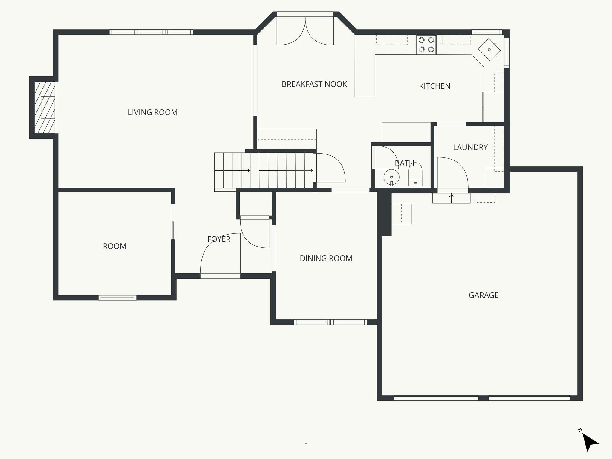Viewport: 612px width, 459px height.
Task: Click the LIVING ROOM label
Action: pyautogui.click(x=152, y=112)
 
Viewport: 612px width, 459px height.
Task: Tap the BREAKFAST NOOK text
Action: pyautogui.click(x=314, y=84)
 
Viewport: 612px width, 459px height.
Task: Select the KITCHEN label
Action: pyautogui.click(x=434, y=86)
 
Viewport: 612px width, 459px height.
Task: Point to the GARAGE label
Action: pyautogui.click(x=483, y=295)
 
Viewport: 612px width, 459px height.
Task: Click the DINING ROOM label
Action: pyautogui.click(x=326, y=258)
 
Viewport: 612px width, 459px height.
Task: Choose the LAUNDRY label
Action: pyautogui.click(x=470, y=147)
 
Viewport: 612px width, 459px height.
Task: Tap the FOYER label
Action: pyautogui.click(x=219, y=239)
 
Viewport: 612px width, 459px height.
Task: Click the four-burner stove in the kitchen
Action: pyautogui.click(x=426, y=45)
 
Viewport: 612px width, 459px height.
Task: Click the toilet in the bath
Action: pyautogui.click(x=415, y=175)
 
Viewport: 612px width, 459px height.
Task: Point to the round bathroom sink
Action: pyautogui.click(x=391, y=177)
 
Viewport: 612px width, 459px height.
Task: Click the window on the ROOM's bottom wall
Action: pyautogui.click(x=117, y=297)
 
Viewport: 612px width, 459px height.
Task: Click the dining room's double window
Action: pyautogui.click(x=330, y=322)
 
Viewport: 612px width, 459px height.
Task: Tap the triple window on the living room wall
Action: pyautogui.click(x=151, y=32)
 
